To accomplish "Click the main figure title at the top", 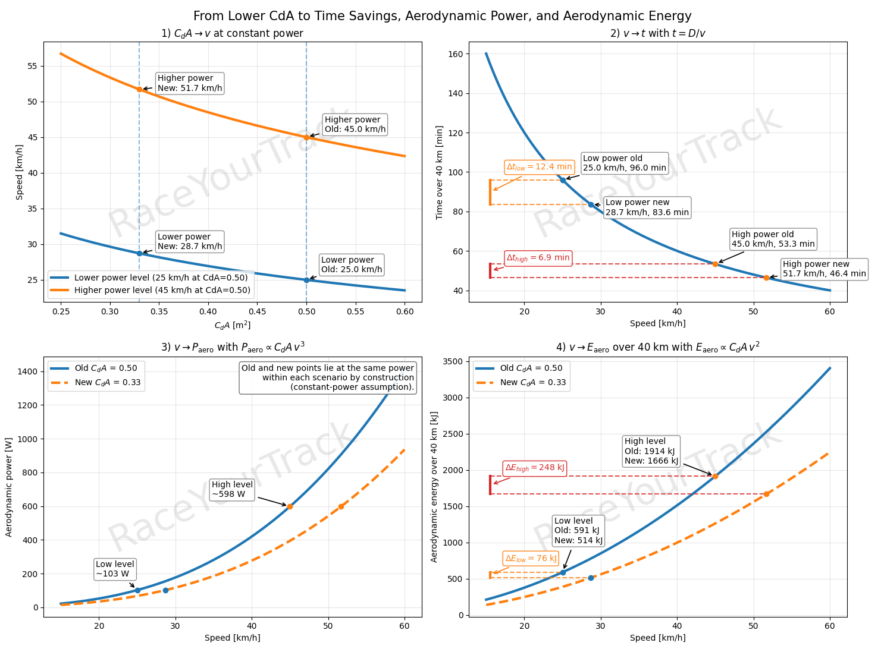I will click(x=442, y=16).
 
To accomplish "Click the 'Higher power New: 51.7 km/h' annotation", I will click(x=190, y=83).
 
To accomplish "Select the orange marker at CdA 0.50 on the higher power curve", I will click(x=306, y=137).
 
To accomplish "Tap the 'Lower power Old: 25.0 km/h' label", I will click(x=352, y=265).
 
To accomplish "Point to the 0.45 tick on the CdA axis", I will click(x=257, y=311).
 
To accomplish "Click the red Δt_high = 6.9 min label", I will click(x=538, y=258).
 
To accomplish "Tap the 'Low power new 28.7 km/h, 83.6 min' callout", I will click(x=647, y=207).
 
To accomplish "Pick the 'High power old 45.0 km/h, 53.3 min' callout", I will click(x=773, y=240).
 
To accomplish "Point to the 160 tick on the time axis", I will click(x=456, y=54).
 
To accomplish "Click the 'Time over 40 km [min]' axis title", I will click(x=440, y=172).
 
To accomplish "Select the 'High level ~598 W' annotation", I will click(x=233, y=490).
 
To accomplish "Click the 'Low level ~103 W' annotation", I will click(x=115, y=569).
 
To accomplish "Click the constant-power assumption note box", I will click(x=328, y=378).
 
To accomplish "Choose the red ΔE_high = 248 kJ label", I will click(x=534, y=468).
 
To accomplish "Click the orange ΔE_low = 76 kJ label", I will click(x=531, y=559).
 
